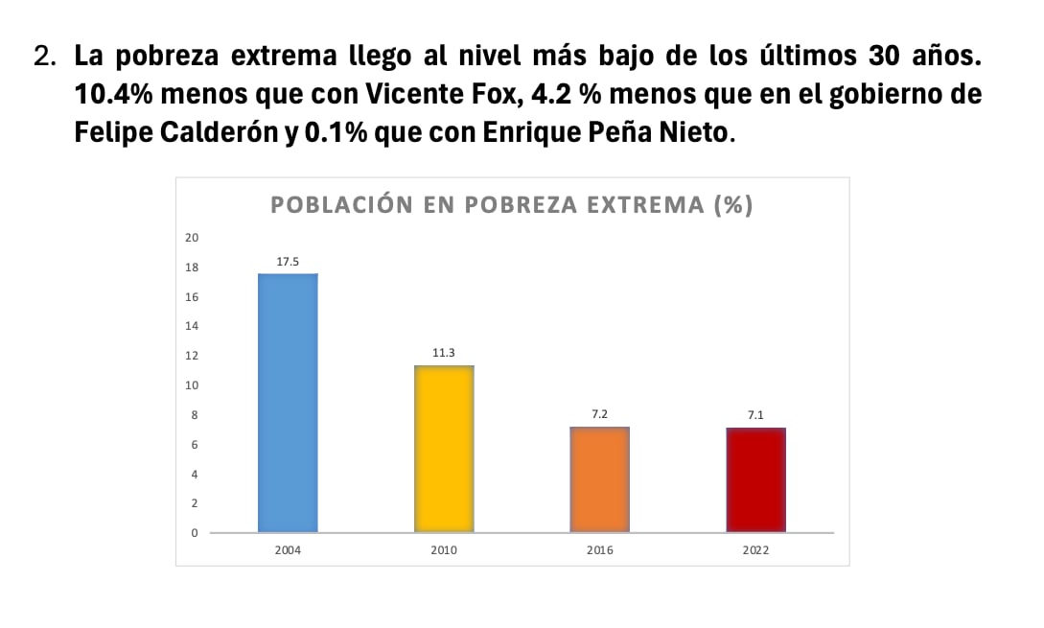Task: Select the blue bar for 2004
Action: pyautogui.click(x=288, y=403)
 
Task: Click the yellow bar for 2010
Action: pyautogui.click(x=444, y=448)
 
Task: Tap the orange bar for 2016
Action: pyautogui.click(x=600, y=478)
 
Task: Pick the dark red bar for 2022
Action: pyautogui.click(x=755, y=479)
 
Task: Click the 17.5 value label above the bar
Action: pyautogui.click(x=288, y=261)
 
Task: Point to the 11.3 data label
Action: pyautogui.click(x=444, y=353)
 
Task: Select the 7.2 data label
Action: pyautogui.click(x=600, y=414)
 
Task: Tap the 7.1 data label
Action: pyautogui.click(x=755, y=415)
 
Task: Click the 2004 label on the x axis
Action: pyautogui.click(x=288, y=551)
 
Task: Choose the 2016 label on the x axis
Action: pyautogui.click(x=600, y=551)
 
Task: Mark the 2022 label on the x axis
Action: pyautogui.click(x=755, y=551)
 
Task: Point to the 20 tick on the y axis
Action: pyautogui.click(x=192, y=238)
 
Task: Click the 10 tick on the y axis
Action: pyautogui.click(x=192, y=385)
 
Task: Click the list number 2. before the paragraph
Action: pyautogui.click(x=44, y=58)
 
